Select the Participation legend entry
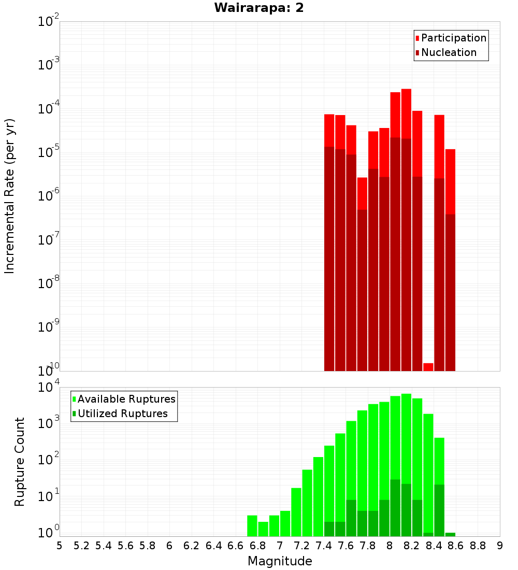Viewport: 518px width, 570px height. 454,38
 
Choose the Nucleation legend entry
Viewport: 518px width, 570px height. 449,52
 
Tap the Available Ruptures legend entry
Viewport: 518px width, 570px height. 126,399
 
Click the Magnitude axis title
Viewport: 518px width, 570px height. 280,561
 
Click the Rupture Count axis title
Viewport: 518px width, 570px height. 20,462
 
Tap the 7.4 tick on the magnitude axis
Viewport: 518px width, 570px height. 324,546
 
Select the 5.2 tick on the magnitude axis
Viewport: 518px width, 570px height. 82,546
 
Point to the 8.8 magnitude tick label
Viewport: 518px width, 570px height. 478,546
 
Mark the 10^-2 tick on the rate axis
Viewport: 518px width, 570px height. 49,22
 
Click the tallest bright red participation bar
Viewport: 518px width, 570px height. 406,114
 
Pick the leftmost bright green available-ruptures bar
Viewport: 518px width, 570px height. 252,525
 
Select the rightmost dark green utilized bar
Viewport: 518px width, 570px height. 450,534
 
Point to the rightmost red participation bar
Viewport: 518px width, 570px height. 450,181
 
